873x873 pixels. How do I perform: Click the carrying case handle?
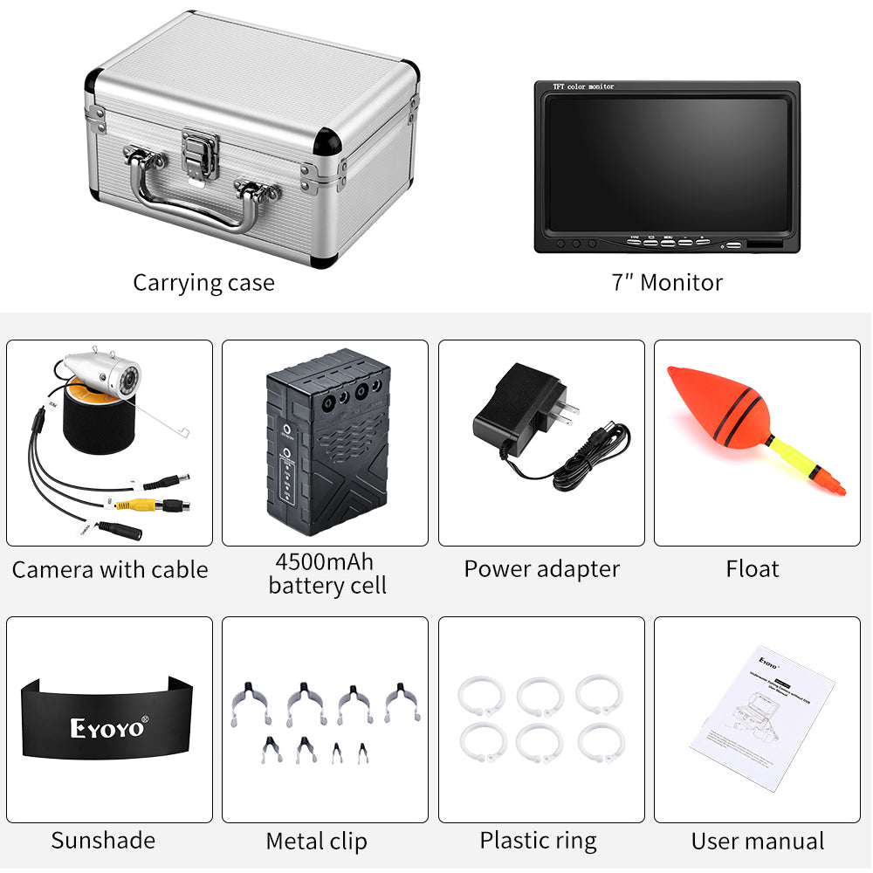tap(187, 208)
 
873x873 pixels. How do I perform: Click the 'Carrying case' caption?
tap(203, 283)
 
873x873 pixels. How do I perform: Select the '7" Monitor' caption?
tap(667, 282)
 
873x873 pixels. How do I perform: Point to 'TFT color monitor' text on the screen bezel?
tap(584, 86)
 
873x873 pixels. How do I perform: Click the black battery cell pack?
tap(322, 446)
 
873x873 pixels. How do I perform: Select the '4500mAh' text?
tap(325, 561)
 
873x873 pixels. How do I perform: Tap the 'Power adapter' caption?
tap(541, 569)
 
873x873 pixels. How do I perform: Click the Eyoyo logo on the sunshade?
tap(109, 726)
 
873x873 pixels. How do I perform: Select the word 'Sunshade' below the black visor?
tap(103, 840)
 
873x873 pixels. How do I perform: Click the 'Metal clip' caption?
tap(316, 842)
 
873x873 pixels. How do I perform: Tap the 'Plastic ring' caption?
tap(538, 841)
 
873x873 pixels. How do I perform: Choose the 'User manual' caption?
tap(757, 842)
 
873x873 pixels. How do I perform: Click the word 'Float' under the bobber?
tap(752, 569)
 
